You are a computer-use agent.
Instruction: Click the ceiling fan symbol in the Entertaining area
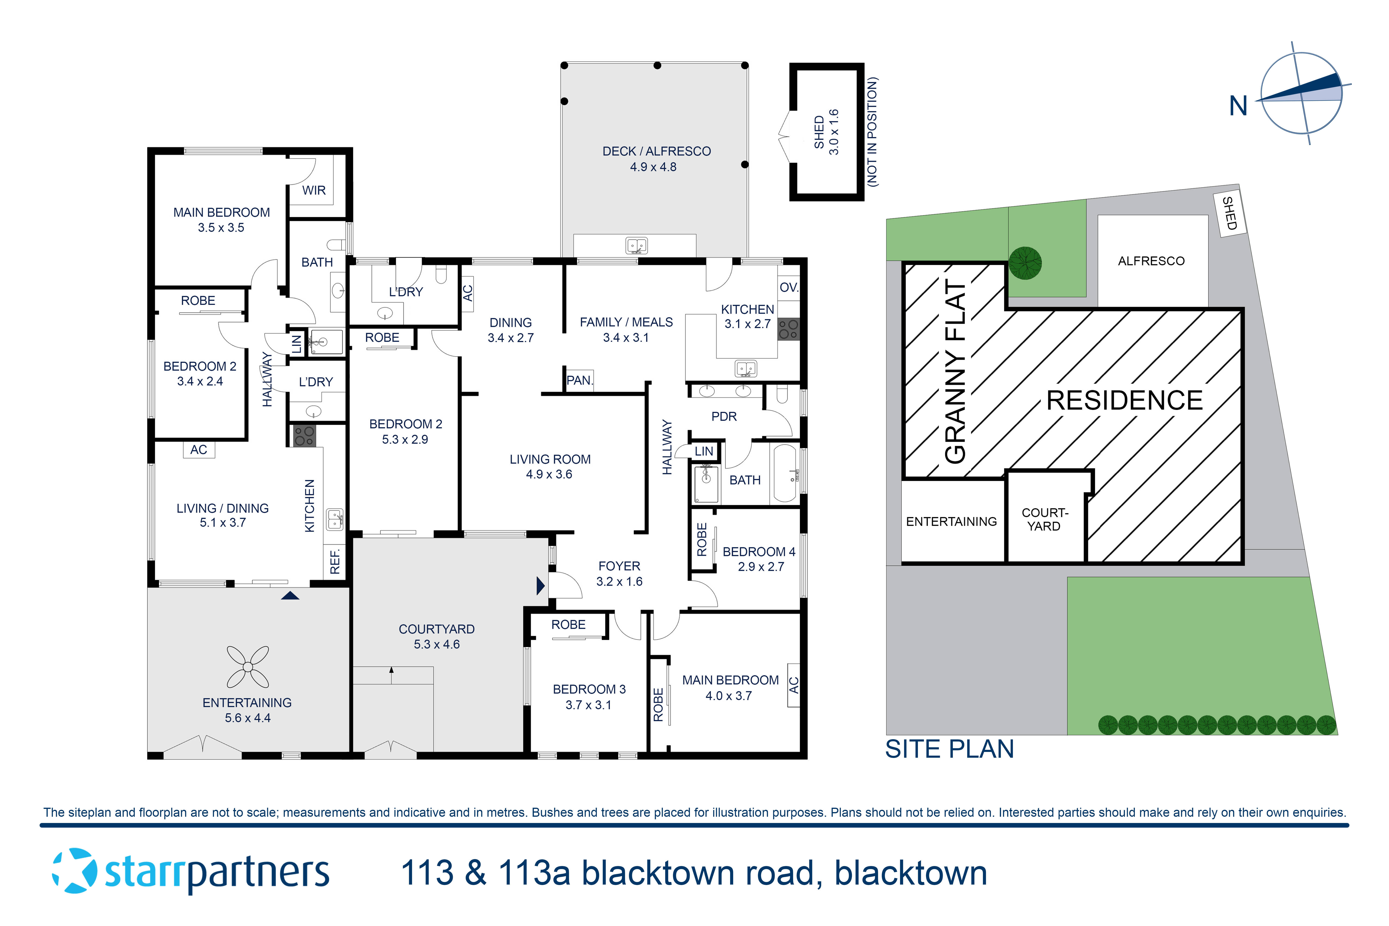pyautogui.click(x=247, y=667)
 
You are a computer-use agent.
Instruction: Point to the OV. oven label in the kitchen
pyautogui.click(x=788, y=288)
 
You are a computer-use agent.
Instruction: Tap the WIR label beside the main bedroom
pyautogui.click(x=314, y=190)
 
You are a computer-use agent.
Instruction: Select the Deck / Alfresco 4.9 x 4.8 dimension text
pyautogui.click(x=653, y=167)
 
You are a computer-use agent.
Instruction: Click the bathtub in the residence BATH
pyautogui.click(x=785, y=474)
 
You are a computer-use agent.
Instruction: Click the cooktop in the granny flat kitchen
pyautogui.click(x=304, y=436)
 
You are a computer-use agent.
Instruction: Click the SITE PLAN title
pyautogui.click(x=949, y=749)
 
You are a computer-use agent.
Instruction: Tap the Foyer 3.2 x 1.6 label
pyautogui.click(x=619, y=573)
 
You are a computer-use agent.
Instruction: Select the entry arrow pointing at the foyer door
pyautogui.click(x=540, y=586)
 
